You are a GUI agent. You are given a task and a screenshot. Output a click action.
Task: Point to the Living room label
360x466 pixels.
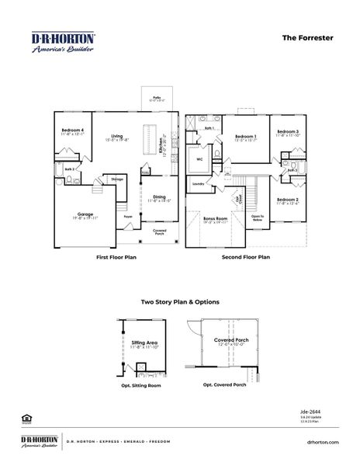pyautogui.click(x=117, y=136)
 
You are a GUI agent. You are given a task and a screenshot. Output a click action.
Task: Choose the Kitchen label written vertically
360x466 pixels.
pyautogui.click(x=161, y=144)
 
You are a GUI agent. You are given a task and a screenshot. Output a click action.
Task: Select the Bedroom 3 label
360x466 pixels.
pyautogui.click(x=288, y=132)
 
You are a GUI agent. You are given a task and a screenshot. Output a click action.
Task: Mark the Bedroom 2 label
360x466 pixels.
pyautogui.click(x=288, y=200)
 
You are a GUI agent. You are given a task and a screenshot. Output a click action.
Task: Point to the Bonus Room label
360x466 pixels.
pyautogui.click(x=215, y=219)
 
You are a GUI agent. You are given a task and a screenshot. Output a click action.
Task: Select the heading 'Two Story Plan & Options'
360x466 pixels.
pyautogui.click(x=180, y=301)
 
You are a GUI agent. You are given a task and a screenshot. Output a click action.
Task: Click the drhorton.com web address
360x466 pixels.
pyautogui.click(x=324, y=441)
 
